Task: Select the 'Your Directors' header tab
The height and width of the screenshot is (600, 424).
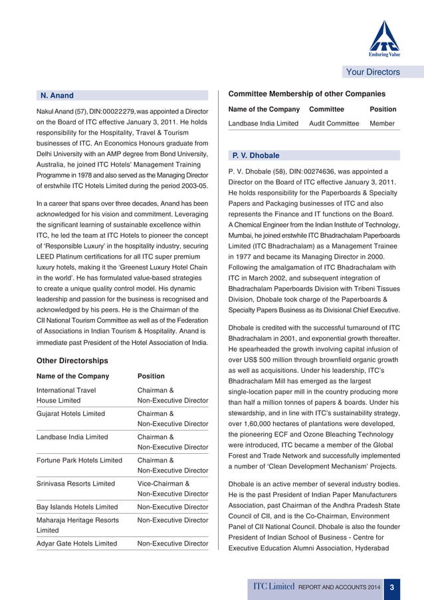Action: (373, 72)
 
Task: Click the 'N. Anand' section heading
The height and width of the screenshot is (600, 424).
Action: (57, 96)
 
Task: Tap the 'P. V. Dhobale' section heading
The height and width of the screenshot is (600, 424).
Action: (255, 155)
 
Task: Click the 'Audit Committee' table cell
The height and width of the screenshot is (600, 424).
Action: (334, 124)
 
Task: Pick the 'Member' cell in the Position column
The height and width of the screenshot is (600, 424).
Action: (382, 124)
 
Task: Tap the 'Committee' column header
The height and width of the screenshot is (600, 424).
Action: (326, 109)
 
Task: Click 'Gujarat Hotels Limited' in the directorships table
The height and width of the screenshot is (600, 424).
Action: (70, 413)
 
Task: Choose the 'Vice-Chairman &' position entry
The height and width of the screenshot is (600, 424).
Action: (163, 484)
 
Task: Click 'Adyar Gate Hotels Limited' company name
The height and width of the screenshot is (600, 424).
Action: (76, 544)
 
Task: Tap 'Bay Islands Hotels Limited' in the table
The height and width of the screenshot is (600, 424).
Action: (77, 507)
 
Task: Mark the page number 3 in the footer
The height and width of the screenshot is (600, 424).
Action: (393, 587)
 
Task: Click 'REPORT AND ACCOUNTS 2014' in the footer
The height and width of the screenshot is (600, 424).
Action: (340, 587)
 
